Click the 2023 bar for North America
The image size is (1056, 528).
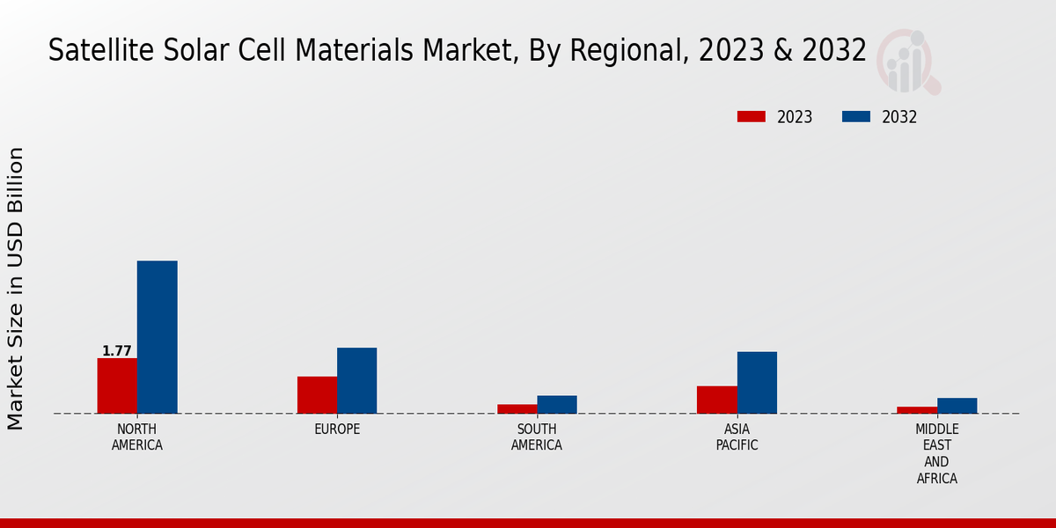pos(117,385)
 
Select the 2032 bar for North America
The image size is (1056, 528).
pos(157,337)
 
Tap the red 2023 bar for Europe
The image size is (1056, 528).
pos(317,395)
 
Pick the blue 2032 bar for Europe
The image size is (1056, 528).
pos(356,380)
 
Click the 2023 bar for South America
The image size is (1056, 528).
pos(517,408)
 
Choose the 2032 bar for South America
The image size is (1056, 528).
pos(557,404)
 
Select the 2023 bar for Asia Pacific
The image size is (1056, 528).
pos(716,400)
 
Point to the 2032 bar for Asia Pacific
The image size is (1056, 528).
pos(757,383)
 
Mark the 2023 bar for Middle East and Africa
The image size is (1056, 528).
pos(917,410)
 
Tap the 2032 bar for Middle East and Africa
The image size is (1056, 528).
pos(957,406)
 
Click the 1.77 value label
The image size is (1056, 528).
pos(117,351)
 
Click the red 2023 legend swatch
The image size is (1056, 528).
pos(751,117)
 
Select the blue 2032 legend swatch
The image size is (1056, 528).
pos(856,117)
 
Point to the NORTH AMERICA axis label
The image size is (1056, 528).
pos(137,437)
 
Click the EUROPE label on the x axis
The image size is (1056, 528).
pos(337,429)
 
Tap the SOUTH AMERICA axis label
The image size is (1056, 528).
pos(537,437)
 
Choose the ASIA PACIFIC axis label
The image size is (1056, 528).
pos(737,437)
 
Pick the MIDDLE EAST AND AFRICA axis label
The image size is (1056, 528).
pos(936,454)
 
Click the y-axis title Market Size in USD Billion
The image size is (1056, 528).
pos(16,289)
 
